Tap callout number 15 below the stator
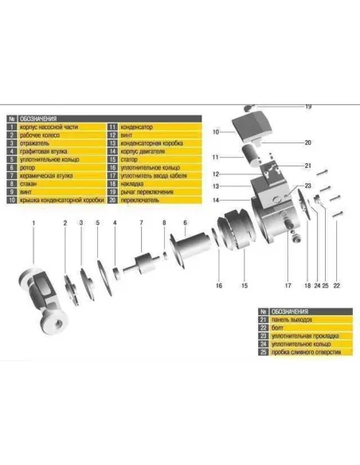(x=245, y=284)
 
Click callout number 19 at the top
(x=308, y=107)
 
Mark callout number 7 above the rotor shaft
(x=141, y=222)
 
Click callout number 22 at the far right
(x=336, y=284)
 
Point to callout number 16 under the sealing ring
(x=217, y=284)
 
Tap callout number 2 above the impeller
(x=66, y=222)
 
